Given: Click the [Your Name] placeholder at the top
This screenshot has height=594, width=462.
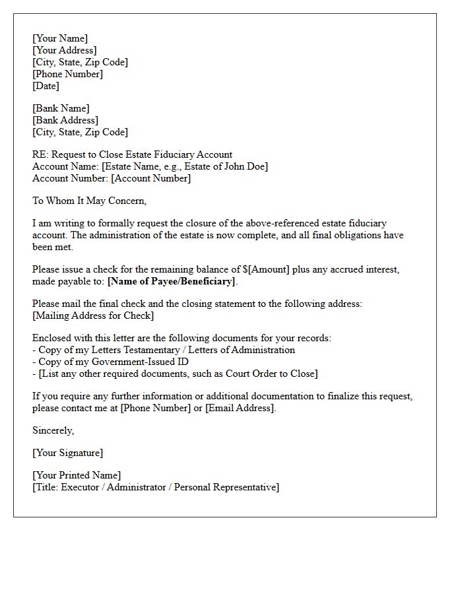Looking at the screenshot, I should (60, 38).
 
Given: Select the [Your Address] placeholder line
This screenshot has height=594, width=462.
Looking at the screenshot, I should (65, 50).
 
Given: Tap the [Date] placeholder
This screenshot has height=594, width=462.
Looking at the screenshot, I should (46, 86).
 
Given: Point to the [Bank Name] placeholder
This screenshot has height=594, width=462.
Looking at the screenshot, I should (61, 108).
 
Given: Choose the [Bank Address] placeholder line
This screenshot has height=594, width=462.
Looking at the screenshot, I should (65, 120).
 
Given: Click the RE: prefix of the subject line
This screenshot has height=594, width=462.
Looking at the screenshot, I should (40, 154).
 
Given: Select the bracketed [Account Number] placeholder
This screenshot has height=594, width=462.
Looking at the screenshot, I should (150, 178).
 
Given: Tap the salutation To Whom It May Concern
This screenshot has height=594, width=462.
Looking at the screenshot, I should (89, 201).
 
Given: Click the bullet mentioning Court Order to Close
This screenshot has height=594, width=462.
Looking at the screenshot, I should (178, 374).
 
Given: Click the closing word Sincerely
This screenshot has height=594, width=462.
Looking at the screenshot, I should (53, 430).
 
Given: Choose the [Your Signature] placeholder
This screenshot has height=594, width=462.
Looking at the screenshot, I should (67, 453).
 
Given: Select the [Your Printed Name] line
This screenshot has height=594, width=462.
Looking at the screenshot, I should (77, 475).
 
